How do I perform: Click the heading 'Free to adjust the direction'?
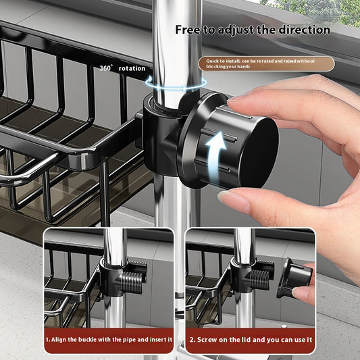[253, 30]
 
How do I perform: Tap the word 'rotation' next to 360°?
[132, 68]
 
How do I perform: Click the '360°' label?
[106, 68]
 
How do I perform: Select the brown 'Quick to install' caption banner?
[266, 64]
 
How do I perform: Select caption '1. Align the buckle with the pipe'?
[108, 340]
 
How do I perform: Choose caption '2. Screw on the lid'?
[250, 340]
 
